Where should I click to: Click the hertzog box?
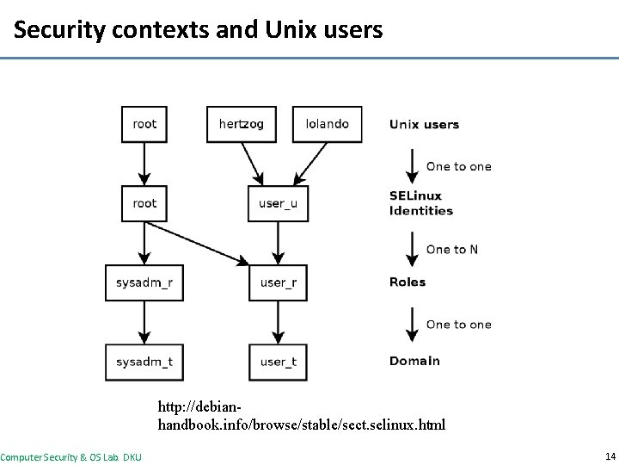(x=242, y=124)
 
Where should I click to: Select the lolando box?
(x=328, y=124)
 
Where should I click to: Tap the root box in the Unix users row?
(x=144, y=124)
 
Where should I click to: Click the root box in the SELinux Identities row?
(x=144, y=203)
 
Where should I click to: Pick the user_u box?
(x=278, y=203)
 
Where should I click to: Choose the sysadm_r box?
(x=144, y=282)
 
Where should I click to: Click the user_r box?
(x=278, y=282)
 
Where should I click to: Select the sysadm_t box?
(x=144, y=362)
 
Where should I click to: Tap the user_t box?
(x=278, y=362)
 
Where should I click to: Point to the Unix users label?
(x=424, y=124)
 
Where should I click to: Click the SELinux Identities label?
(x=421, y=203)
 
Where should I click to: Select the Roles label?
(x=408, y=282)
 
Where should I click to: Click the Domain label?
(x=414, y=362)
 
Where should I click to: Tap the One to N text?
(x=452, y=250)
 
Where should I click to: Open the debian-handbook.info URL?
(x=301, y=415)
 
